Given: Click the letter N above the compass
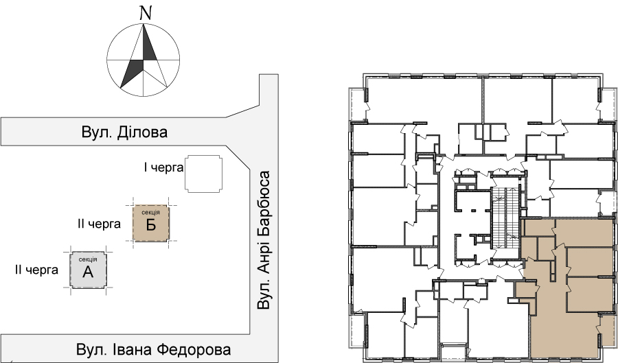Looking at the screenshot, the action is pos(146,14).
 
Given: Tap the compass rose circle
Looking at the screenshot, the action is pos(107,60).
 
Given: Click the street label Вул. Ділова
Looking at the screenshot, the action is pos(124,132).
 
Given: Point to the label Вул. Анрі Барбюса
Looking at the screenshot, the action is pos(264,239).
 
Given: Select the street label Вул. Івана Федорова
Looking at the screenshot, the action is pos(153,349).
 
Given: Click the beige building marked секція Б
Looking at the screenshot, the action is pos(151,223).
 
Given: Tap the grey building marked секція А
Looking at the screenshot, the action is pos(88,270).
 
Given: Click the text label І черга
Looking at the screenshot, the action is pos(163,167).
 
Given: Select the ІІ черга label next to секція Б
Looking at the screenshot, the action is pos(100,224).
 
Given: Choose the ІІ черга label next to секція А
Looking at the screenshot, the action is pos(36,270).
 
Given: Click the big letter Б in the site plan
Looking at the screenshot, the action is pos(151,225).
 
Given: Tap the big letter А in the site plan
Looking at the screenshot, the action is pos(88,272).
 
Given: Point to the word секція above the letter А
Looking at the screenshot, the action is pos(88,259).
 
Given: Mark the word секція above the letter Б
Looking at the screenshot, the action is pos(151,213).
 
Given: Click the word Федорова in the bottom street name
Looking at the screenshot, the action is pos(194,349).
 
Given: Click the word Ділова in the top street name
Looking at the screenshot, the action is pos(142,132).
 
